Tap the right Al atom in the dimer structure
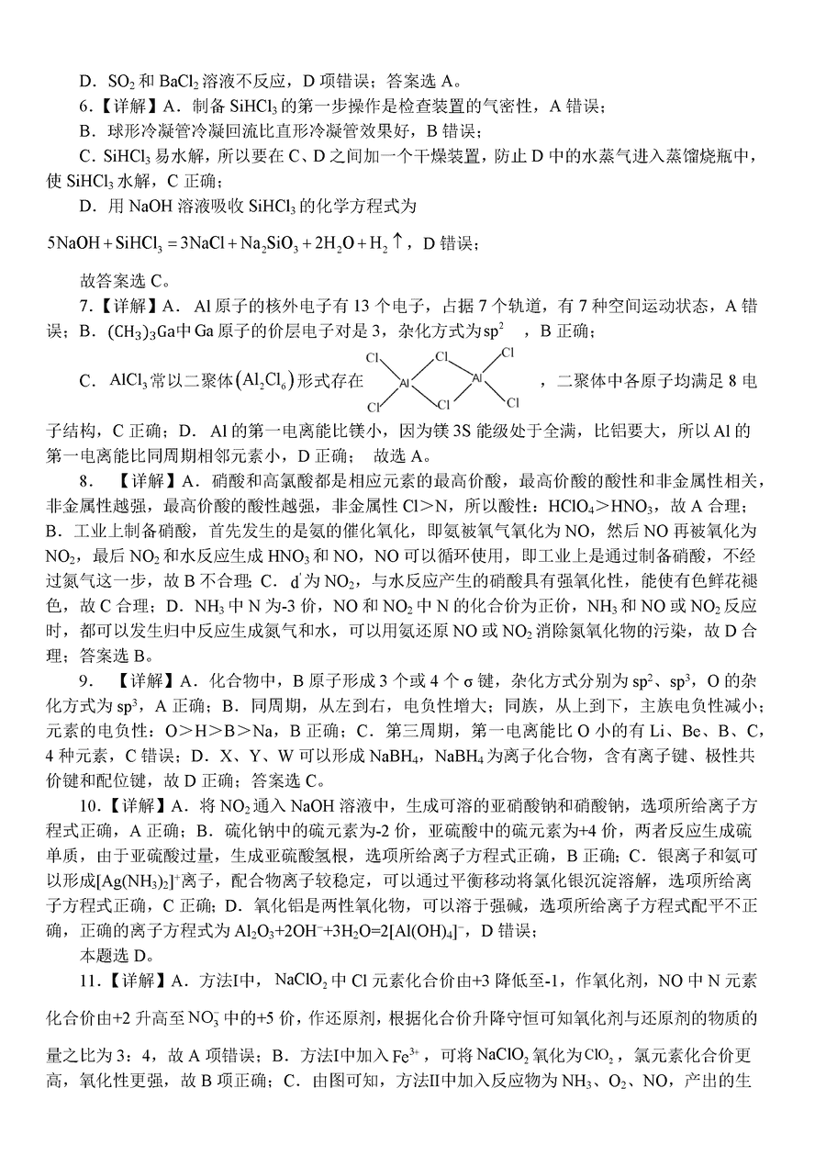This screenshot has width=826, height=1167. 477,376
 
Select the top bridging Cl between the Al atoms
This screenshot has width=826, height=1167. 442,357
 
